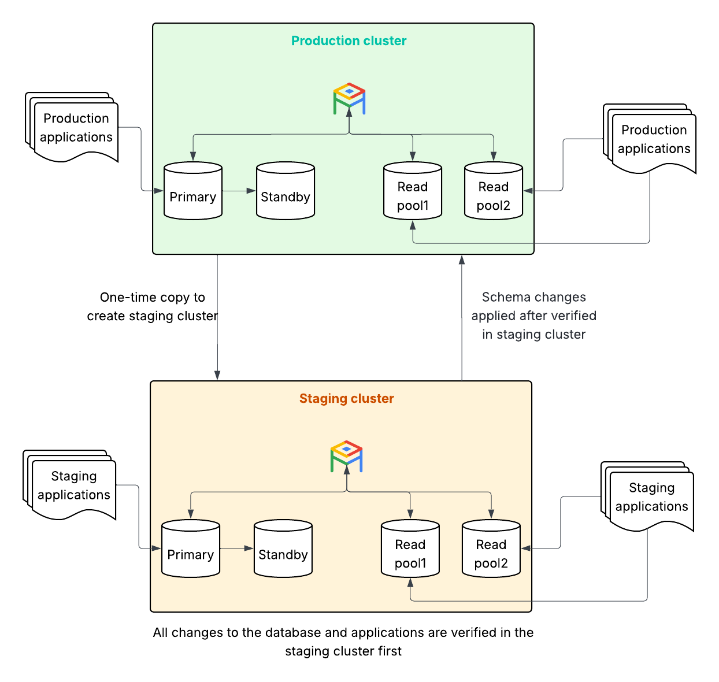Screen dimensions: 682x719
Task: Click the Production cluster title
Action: tap(349, 41)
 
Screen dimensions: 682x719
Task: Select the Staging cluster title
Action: tap(346, 399)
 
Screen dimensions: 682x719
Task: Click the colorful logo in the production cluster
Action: tap(349, 99)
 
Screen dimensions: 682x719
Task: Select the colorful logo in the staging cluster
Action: tap(347, 457)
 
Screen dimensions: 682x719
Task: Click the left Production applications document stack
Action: tap(74, 128)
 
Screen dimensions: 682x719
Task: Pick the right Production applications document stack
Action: tap(652, 139)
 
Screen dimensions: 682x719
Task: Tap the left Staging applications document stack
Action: tap(72, 485)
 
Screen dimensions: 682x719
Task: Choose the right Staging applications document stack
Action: tap(650, 497)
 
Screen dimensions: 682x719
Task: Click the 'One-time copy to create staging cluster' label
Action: tap(152, 307)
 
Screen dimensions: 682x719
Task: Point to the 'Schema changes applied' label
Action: tap(533, 316)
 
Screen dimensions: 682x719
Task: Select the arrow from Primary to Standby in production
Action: tap(239, 191)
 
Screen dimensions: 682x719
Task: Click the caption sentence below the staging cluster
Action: tap(343, 642)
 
